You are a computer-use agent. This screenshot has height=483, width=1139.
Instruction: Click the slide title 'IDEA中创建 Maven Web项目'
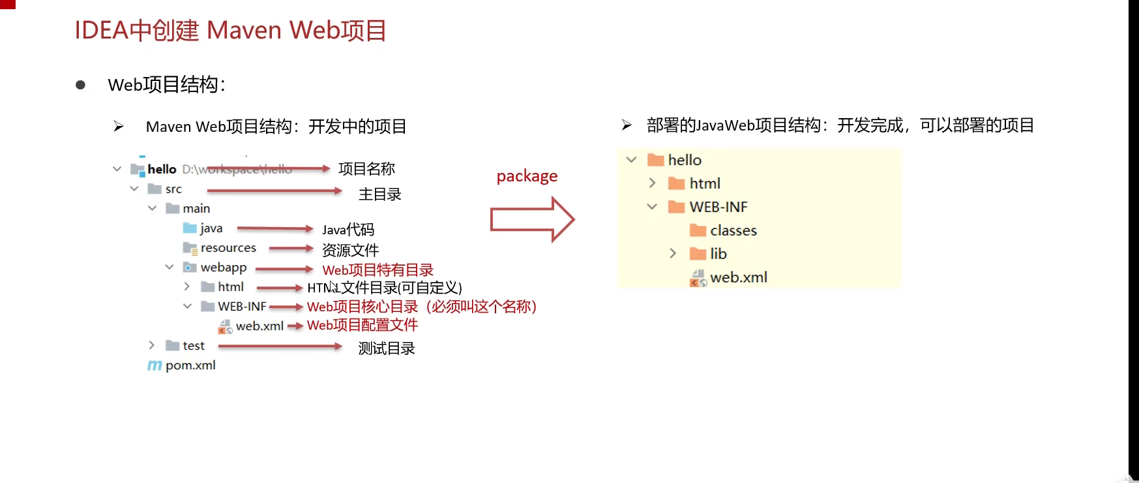click(231, 31)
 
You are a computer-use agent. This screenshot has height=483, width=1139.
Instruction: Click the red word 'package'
click(527, 176)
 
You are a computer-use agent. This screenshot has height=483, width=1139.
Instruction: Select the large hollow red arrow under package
click(531, 219)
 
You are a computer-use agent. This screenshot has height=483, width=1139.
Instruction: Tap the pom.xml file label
click(190, 366)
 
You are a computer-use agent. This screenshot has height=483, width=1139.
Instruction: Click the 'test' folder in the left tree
click(193, 346)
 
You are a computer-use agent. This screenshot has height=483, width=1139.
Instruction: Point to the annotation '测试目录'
click(386, 349)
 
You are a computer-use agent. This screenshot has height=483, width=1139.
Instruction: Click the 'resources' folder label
click(228, 248)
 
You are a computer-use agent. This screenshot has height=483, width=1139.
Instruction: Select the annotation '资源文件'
click(350, 251)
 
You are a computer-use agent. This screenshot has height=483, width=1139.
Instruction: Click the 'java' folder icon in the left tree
click(190, 228)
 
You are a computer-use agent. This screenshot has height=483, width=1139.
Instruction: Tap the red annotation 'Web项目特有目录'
click(377, 270)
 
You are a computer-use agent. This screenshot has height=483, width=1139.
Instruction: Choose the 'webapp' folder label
click(223, 268)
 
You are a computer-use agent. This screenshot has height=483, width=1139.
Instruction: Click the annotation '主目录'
click(379, 195)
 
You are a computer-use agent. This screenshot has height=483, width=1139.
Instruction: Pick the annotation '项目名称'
click(366, 169)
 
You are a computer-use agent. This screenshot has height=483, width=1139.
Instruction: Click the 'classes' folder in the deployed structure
click(733, 230)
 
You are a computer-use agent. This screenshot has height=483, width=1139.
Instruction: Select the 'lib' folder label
click(718, 254)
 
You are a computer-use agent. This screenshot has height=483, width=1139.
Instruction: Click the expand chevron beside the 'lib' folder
click(673, 253)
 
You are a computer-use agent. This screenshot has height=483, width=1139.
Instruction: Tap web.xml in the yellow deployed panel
click(738, 277)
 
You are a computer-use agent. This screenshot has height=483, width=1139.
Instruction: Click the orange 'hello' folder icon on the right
click(655, 161)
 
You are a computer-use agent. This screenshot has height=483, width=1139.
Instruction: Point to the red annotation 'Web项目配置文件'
click(362, 325)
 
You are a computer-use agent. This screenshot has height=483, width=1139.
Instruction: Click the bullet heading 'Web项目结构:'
click(166, 85)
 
